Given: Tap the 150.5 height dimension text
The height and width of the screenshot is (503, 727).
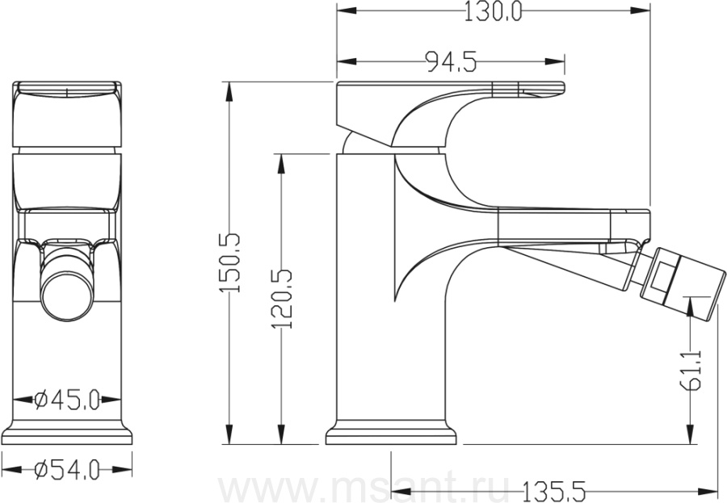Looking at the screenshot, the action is coord(229,262).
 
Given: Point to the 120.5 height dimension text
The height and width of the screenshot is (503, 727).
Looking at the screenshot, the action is coord(282,299).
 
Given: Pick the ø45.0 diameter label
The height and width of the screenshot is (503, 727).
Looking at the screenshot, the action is coord(67,400).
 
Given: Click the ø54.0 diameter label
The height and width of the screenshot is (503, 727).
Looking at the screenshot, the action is coord(67,470).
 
